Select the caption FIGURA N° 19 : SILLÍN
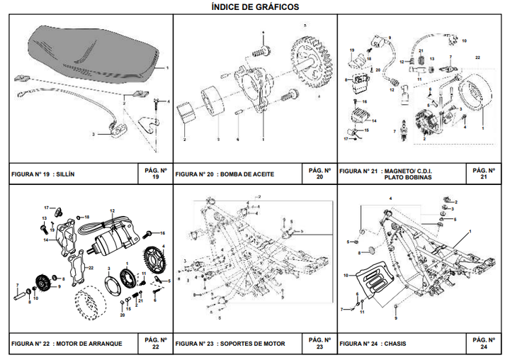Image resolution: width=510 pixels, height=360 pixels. (x=44, y=174)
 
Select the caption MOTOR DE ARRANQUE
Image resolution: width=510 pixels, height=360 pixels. (x=89, y=344)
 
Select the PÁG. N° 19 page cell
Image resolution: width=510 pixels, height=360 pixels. (x=155, y=174)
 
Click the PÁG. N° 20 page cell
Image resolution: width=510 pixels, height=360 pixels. (x=319, y=174)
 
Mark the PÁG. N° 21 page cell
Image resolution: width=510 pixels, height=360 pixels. (x=484, y=174)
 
